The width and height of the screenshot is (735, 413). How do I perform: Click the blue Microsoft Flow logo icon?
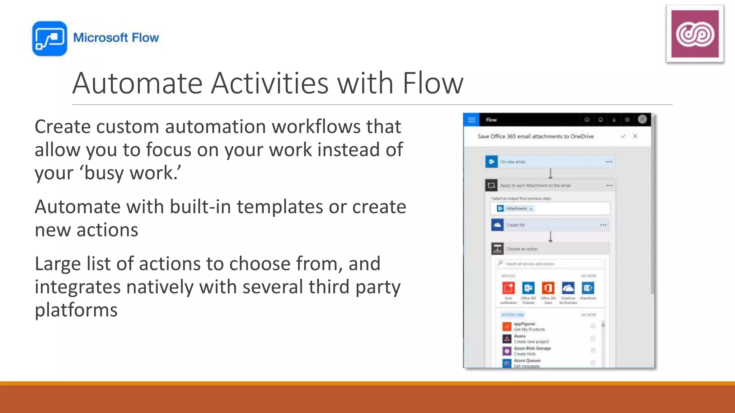(x=50, y=38)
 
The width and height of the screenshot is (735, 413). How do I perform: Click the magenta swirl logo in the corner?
(x=695, y=34)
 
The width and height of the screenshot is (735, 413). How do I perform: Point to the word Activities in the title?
(x=270, y=83)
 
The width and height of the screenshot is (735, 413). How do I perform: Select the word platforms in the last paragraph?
(x=76, y=310)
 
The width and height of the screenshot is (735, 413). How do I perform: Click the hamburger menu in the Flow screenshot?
(x=471, y=120)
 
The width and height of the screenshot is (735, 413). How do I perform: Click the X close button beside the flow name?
(x=635, y=136)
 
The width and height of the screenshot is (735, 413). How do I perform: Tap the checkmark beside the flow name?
(x=623, y=136)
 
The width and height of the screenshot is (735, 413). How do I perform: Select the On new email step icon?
(x=491, y=162)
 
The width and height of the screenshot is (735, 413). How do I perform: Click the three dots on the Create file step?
(x=603, y=225)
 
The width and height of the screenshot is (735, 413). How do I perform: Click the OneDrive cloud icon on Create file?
(x=497, y=225)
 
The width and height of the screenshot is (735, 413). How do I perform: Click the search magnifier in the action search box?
(x=500, y=264)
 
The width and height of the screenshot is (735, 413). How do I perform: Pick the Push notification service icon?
(x=509, y=288)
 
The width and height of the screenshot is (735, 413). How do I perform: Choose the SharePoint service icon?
(x=588, y=288)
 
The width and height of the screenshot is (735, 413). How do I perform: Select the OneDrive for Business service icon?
(x=568, y=288)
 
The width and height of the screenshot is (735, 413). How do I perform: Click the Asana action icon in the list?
(x=507, y=339)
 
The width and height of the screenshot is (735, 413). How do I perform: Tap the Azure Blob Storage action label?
(x=532, y=348)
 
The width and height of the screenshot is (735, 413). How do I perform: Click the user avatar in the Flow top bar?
(x=642, y=119)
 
